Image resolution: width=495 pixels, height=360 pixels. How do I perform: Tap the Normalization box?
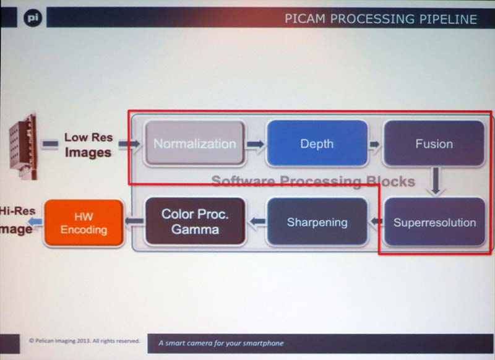pyautogui.click(x=194, y=144)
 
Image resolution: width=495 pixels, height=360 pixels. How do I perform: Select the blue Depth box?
pyautogui.click(x=316, y=144)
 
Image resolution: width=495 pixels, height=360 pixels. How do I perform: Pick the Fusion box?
pyautogui.click(x=434, y=144)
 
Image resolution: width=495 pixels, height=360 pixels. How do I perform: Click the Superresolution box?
pyautogui.click(x=434, y=221)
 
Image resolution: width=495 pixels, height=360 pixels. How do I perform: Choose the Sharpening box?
pyautogui.click(x=317, y=221)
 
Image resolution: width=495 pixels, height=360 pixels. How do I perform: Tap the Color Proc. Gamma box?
pyautogui.click(x=195, y=221)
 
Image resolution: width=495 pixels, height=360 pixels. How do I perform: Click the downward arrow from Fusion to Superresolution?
pyautogui.click(x=436, y=182)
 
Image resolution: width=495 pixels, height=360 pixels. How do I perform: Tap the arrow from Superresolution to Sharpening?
pyautogui.click(x=375, y=221)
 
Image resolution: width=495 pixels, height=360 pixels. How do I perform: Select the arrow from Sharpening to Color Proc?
pyautogui.click(x=256, y=221)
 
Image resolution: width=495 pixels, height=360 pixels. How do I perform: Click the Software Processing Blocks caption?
pyautogui.click(x=313, y=181)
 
